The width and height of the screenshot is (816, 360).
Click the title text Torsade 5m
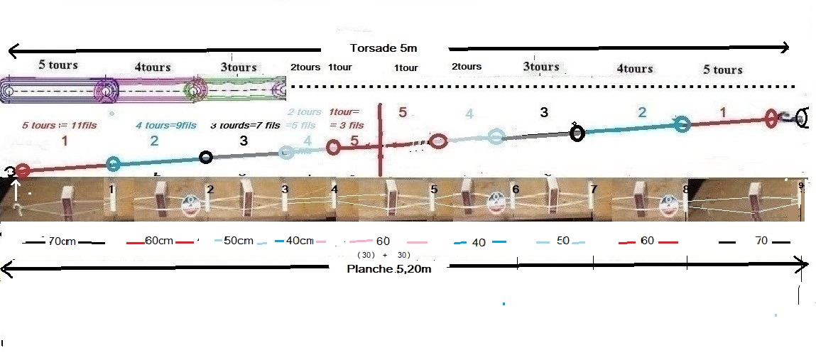point(383,48)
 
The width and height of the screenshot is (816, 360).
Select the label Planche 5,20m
point(388,269)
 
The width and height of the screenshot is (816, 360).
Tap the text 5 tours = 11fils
point(60,126)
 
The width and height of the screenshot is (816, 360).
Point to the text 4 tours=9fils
point(167,126)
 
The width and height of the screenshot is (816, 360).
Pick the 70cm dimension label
point(62,241)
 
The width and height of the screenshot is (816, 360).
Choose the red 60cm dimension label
point(160,241)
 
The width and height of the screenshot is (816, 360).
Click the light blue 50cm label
point(238,241)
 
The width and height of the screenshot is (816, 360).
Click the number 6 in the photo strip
point(515,190)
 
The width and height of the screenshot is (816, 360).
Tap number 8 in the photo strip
point(685,190)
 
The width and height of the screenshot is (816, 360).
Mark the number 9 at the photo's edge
point(801,187)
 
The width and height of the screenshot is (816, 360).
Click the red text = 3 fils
point(347,126)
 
